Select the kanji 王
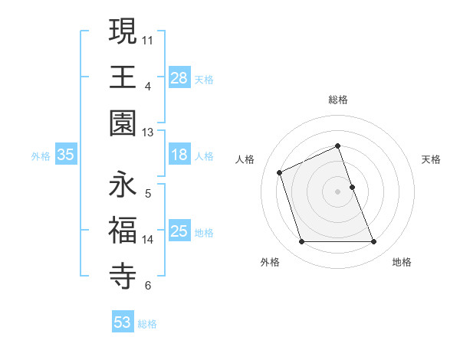[123, 77]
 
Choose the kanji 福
[123, 231]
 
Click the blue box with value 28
[179, 77]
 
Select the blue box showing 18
[179, 155]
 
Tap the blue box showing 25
[179, 231]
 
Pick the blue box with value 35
[66, 155]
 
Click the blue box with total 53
[123, 322]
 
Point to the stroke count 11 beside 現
[149, 38]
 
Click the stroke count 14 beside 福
[149, 239]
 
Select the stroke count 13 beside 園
[149, 132]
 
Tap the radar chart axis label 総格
[338, 100]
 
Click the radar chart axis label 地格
[402, 263]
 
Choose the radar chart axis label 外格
[270, 263]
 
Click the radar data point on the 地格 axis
[374, 242]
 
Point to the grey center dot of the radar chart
[338, 191]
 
